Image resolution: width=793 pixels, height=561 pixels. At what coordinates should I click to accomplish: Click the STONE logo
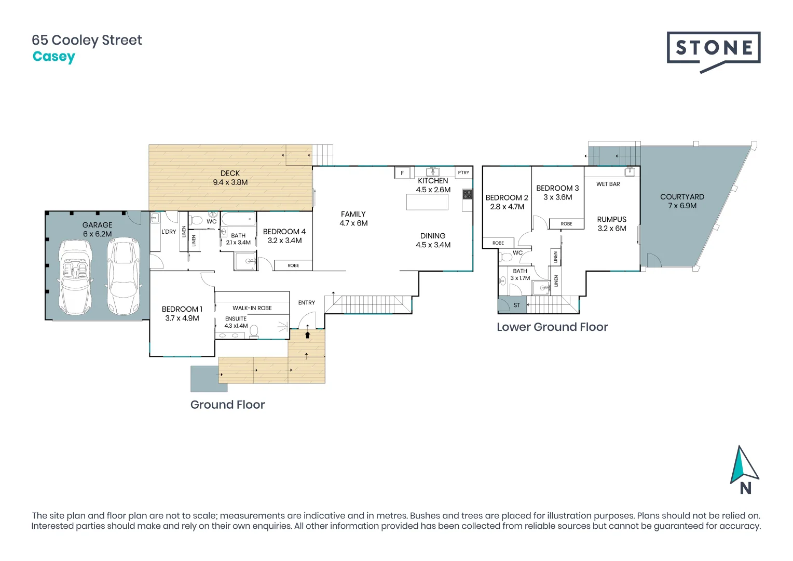click(x=713, y=52)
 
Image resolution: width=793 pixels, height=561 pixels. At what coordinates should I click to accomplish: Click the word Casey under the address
click(x=54, y=57)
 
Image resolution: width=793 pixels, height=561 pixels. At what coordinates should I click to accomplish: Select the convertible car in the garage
click(x=75, y=277)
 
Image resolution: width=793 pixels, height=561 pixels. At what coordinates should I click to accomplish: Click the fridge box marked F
click(x=402, y=173)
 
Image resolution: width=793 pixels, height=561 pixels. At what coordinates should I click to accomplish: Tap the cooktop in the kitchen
click(x=467, y=194)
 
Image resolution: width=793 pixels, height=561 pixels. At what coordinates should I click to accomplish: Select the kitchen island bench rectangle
click(x=427, y=203)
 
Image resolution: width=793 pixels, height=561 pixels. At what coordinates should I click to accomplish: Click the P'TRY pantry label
click(x=463, y=172)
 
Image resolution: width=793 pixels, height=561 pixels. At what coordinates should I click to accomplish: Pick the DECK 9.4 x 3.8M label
click(x=230, y=178)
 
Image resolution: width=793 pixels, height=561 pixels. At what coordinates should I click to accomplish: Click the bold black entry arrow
click(x=307, y=335)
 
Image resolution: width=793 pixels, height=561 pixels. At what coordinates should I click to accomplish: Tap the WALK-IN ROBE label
click(x=252, y=308)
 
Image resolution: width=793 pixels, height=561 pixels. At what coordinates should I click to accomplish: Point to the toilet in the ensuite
click(x=254, y=331)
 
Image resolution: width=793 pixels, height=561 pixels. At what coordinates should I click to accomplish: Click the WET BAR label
click(x=608, y=184)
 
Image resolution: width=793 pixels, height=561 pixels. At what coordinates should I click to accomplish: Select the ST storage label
click(x=517, y=305)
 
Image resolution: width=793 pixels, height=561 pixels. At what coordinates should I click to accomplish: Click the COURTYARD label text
click(x=682, y=197)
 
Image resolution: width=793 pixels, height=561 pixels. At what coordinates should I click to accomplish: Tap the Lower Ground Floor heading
click(x=552, y=327)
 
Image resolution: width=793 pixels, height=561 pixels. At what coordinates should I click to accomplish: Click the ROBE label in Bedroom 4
click(x=293, y=265)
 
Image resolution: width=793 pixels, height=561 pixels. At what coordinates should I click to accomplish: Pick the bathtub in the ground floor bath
click(x=239, y=219)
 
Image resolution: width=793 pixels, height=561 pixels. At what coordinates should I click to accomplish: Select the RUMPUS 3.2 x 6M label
click(x=612, y=224)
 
